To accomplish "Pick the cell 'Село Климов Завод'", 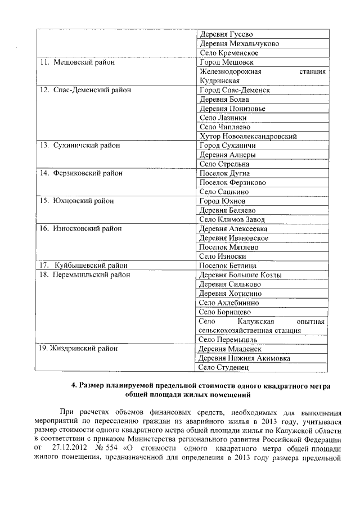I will click(232, 219).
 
